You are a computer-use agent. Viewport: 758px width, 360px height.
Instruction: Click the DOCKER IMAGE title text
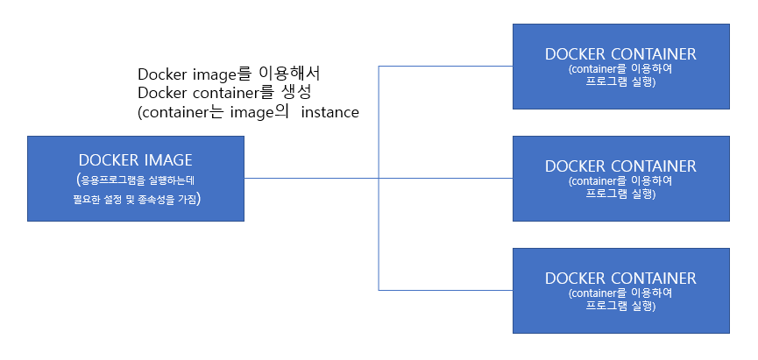click(x=135, y=160)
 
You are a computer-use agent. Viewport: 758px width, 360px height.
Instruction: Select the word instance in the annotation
click(x=329, y=112)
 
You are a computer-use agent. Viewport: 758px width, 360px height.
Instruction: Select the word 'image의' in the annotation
click(x=260, y=112)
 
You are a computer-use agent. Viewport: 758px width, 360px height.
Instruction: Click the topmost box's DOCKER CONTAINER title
click(x=620, y=54)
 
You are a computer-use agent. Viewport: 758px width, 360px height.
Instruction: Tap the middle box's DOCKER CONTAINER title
click(x=620, y=166)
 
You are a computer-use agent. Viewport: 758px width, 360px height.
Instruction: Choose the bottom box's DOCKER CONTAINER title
click(x=620, y=279)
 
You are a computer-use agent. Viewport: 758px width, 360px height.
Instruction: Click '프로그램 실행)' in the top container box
click(x=620, y=82)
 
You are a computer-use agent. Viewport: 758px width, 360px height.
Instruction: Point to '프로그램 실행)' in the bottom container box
click(x=620, y=307)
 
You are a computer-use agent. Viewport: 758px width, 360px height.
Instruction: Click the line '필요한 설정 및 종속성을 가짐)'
click(x=136, y=200)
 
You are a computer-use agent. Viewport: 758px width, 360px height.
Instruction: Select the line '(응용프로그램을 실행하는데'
click(x=136, y=180)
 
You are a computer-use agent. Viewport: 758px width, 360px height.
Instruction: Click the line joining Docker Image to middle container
click(x=311, y=179)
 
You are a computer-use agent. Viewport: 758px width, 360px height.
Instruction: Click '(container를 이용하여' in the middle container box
click(x=620, y=180)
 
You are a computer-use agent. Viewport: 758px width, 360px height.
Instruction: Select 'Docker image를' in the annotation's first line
click(x=194, y=74)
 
